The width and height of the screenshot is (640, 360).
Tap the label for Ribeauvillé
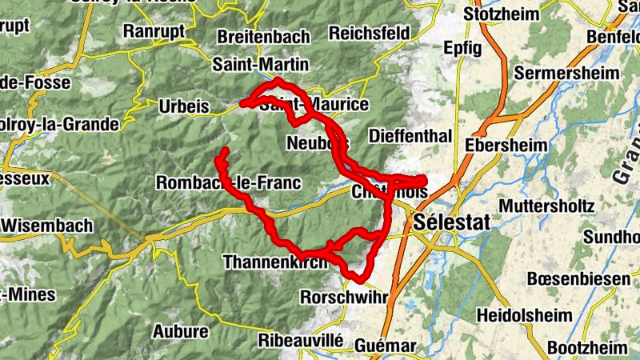pyautogui.click(x=301, y=340)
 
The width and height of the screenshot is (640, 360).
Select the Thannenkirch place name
pyautogui.click(x=275, y=262)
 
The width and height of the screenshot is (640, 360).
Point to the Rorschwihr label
pyautogui.click(x=343, y=296)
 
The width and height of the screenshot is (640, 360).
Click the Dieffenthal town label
pyautogui.click(x=410, y=135)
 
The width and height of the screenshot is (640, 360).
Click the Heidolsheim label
pyautogui.click(x=522, y=314)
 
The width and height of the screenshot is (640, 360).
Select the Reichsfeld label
pyautogui.click(x=369, y=33)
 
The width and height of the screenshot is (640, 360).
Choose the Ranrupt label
pyautogui.click(x=155, y=30)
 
